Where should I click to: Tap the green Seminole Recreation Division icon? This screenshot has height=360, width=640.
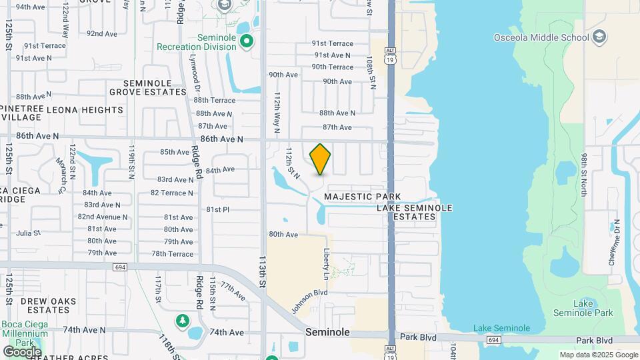(247, 42)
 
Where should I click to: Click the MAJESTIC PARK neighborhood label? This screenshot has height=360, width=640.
(363, 197)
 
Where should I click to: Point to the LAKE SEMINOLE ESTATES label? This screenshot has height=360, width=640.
(415, 212)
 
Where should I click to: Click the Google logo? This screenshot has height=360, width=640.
(22, 352)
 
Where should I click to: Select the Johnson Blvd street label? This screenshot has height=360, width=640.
(309, 301)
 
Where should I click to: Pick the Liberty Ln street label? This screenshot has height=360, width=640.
(327, 265)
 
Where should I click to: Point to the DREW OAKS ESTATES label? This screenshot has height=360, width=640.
(45, 305)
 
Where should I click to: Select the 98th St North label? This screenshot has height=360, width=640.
(584, 175)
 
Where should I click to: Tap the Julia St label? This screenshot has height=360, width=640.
(28, 233)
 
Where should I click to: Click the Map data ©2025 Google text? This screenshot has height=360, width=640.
(599, 355)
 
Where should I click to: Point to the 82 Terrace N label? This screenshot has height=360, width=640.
(172, 193)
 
